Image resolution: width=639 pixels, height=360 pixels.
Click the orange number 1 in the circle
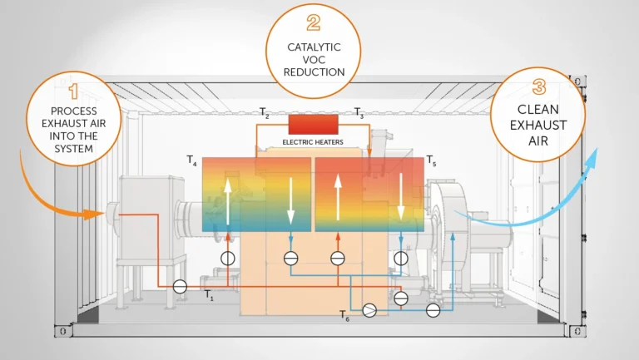click(x=74, y=91)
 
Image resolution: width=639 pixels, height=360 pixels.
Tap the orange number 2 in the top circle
click(x=314, y=22)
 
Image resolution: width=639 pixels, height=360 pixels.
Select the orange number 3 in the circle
click(x=539, y=86)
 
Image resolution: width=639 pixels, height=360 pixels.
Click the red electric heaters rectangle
click(x=314, y=124)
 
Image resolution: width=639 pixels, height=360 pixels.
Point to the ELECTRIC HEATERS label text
click(x=313, y=142)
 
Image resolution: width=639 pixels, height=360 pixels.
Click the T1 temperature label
click(x=209, y=295)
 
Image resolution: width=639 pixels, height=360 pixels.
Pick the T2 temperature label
click(x=265, y=113)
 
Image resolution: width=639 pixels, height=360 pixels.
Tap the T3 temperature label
click(x=359, y=113)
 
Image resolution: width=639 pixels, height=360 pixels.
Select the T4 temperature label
click(x=191, y=160)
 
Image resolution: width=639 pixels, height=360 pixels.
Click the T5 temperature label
click(x=431, y=160)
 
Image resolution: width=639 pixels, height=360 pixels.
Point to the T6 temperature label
click(x=344, y=316)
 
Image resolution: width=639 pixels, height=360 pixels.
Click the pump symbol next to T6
click(x=369, y=311)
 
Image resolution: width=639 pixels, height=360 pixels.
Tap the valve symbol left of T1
click(x=180, y=287)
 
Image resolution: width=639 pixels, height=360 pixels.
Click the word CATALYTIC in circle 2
click(x=314, y=47)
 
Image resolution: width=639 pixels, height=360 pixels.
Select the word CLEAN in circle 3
click(x=538, y=110)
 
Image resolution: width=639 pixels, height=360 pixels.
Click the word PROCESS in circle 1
click(x=74, y=111)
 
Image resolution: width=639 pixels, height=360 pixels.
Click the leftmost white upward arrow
click(x=228, y=201)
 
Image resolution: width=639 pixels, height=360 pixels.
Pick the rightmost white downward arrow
click(x=401, y=197)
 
